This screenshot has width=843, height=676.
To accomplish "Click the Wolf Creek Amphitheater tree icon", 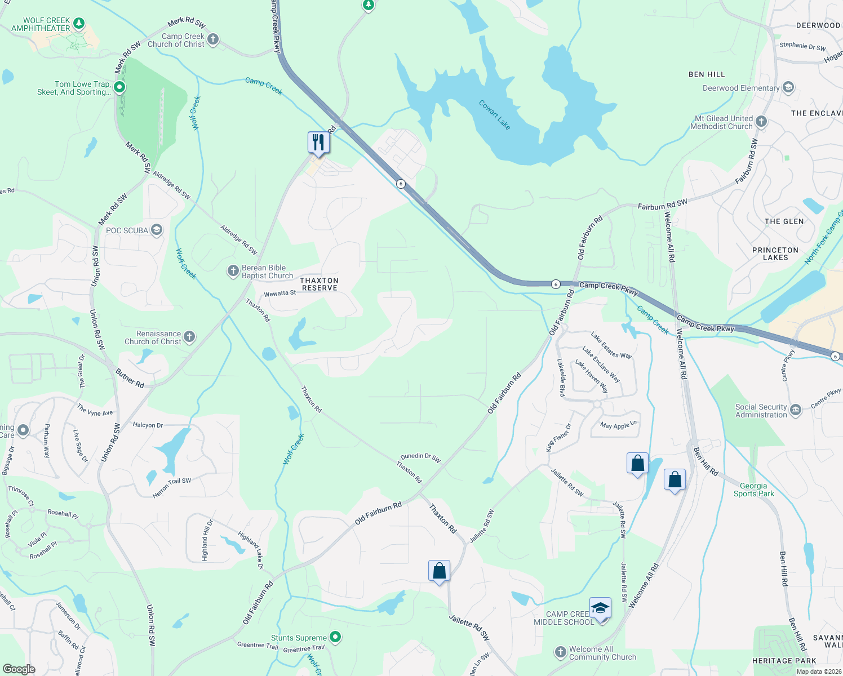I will (79, 23).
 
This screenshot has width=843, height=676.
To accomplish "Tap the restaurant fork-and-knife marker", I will (318, 143).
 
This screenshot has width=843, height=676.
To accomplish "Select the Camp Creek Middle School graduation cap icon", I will (600, 609).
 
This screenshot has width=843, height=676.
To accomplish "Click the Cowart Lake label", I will (494, 115).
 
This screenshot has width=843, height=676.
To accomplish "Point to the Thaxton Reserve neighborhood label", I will (320, 284).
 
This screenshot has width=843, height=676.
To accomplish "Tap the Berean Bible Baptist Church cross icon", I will (233, 271).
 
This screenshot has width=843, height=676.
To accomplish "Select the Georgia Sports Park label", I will (753, 490).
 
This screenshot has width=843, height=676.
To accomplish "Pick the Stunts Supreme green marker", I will (335, 637).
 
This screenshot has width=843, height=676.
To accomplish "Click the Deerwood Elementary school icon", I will (788, 87).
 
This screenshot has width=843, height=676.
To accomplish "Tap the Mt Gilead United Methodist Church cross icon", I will (761, 122).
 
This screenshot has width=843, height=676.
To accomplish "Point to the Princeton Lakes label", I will (775, 253).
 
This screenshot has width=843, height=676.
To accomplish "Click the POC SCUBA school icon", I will (157, 230).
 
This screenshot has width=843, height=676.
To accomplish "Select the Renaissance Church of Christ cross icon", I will (189, 337).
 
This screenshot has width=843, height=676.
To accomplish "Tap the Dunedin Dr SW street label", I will (420, 457).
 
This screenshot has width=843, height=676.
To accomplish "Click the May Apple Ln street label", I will (618, 425).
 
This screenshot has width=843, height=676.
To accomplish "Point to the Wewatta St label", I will (280, 293).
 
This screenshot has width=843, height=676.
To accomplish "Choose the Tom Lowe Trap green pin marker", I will (119, 87).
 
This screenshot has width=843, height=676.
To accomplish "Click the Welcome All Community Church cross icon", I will (560, 652).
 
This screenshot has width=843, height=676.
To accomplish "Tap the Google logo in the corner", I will (19, 669).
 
